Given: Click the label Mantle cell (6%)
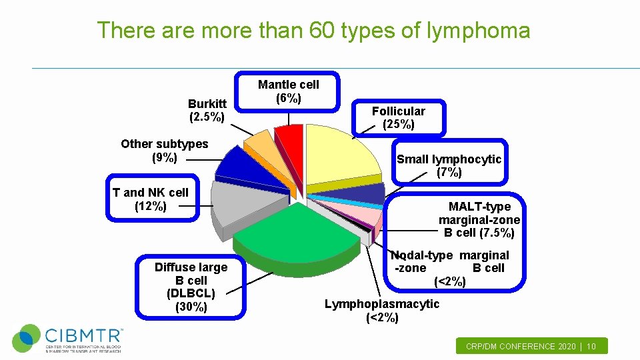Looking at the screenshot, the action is pyautogui.click(x=289, y=91).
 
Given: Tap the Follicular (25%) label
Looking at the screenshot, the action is pyautogui.click(x=399, y=117).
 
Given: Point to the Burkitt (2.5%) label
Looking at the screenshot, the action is pyautogui.click(x=207, y=111).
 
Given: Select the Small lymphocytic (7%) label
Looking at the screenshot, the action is pyautogui.click(x=449, y=165).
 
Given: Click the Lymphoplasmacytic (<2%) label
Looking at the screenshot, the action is pyautogui.click(x=382, y=311).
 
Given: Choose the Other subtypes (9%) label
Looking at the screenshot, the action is pyautogui.click(x=165, y=151).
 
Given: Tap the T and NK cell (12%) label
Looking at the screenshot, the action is pyautogui.click(x=151, y=199).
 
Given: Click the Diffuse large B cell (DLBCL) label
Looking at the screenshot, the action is pyautogui.click(x=191, y=287).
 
